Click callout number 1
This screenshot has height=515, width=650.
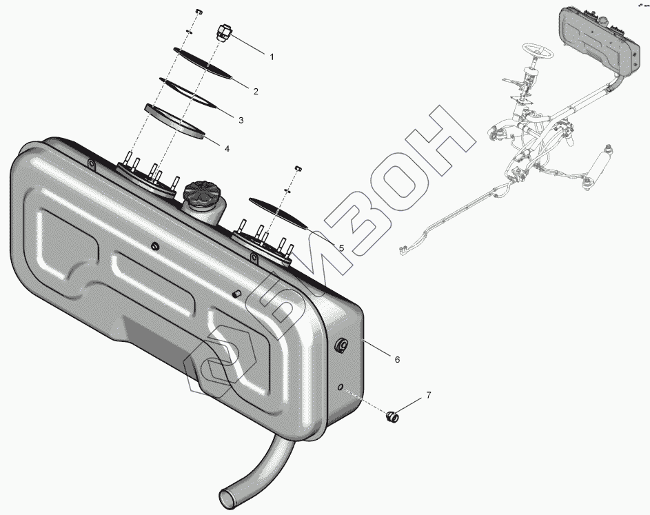pos(272,57)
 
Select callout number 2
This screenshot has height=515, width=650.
pos(256,92)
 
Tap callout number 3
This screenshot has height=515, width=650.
pos(241,121)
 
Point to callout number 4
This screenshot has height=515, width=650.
pos(227,148)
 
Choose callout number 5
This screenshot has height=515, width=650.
pos(341,248)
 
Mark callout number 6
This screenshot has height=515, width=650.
pos(397,359)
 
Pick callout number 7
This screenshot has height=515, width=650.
pos(428,395)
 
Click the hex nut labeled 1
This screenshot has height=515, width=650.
pos(223,32)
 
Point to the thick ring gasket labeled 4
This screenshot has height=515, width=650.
pos(175,121)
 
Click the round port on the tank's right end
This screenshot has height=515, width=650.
pos(342,346)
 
